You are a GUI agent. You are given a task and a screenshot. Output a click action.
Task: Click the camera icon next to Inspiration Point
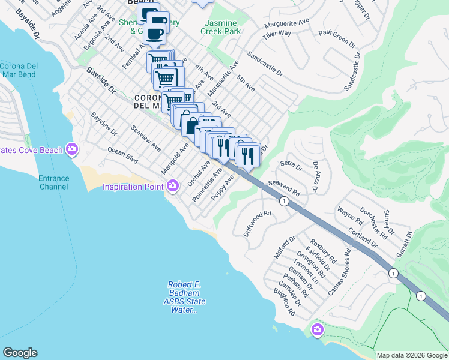[173, 186]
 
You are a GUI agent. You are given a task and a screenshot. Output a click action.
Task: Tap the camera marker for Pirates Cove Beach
[72, 148]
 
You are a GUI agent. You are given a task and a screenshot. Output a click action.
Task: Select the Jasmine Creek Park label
[220, 26]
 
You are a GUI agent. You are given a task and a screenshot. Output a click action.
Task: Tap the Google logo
[20, 353]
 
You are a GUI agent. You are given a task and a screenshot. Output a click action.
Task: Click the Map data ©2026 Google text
[412, 355]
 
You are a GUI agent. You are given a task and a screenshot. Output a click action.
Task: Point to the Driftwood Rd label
[258, 222]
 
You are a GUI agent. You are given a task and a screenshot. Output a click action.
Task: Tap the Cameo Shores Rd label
[339, 272]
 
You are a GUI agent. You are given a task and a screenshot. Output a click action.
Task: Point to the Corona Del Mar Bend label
[18, 70]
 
